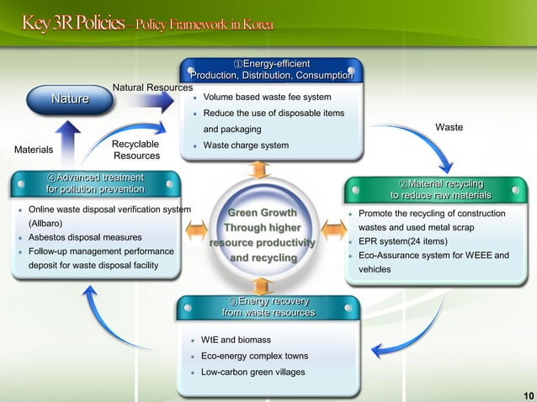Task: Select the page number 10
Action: pos(528,395)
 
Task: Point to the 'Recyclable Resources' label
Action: pos(136,151)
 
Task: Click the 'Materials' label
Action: pos(34,151)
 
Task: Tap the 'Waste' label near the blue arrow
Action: pos(449,128)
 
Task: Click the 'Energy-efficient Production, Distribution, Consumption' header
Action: pos(271,71)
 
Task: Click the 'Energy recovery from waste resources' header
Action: pos(268,307)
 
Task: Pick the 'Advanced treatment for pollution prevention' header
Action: pos(94,183)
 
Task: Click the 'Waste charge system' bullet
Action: pos(246,145)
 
